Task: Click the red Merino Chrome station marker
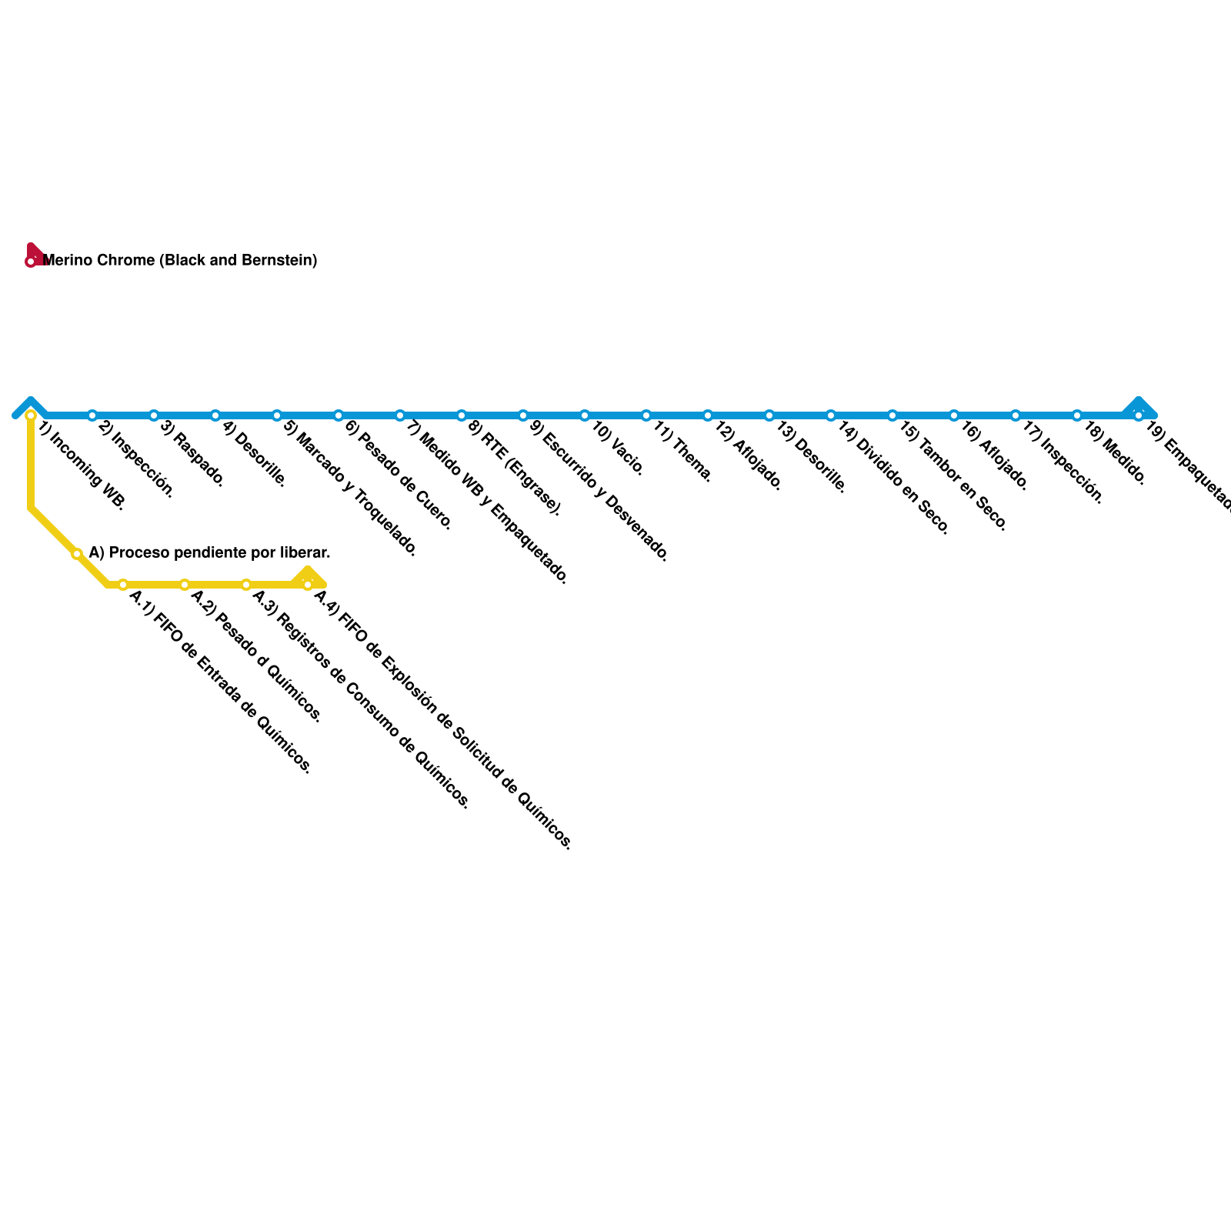click(x=31, y=262)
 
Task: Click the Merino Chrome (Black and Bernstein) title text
click(x=180, y=260)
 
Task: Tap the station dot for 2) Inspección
click(x=92, y=415)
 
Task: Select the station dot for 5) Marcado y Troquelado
click(x=277, y=415)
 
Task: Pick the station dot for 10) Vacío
click(x=585, y=415)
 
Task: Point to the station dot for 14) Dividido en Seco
click(x=831, y=415)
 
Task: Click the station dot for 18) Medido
click(x=1077, y=415)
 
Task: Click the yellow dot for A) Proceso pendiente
click(x=77, y=554)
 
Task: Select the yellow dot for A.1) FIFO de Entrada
click(x=123, y=585)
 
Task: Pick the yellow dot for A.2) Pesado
click(x=185, y=585)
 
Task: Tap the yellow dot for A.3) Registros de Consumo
click(x=246, y=585)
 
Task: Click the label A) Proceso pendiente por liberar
click(x=209, y=552)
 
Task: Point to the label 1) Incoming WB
click(x=82, y=466)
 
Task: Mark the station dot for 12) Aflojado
click(x=708, y=415)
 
